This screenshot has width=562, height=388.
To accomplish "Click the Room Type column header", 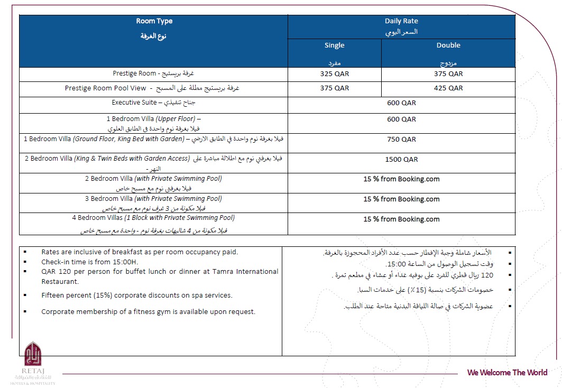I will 154,21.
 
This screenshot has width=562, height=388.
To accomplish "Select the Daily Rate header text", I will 401,21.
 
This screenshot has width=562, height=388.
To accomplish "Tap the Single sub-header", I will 334,45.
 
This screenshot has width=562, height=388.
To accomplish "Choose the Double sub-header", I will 448,45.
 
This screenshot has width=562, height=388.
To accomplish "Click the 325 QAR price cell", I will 334,74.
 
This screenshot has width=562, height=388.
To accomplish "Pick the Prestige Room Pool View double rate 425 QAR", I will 448,88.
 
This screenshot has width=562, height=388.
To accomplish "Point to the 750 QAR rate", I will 401,140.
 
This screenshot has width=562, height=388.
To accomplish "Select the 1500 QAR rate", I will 401,159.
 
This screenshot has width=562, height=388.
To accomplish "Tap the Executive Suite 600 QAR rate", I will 401,103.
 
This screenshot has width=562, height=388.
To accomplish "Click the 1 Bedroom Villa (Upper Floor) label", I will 153,119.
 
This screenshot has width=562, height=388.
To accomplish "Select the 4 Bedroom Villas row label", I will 153,218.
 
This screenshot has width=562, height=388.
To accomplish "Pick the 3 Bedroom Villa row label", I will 153,199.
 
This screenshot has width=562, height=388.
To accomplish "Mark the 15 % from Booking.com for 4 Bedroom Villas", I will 401,219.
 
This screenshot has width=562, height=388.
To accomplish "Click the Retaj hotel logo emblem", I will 33,353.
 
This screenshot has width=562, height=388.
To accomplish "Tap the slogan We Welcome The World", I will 507,372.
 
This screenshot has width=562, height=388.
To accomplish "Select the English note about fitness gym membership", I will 148,311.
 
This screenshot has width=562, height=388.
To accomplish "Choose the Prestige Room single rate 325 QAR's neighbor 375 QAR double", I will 448,74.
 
